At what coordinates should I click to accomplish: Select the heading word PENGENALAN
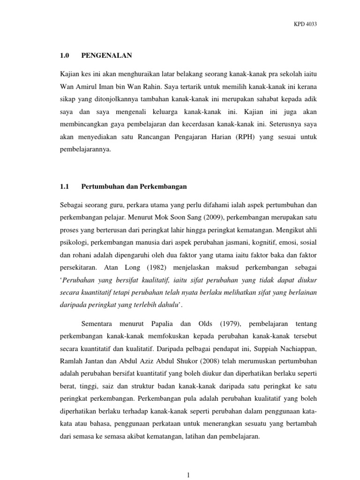point(106,56)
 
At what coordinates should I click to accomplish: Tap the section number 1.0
point(65,56)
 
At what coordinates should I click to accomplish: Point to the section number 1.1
point(65,187)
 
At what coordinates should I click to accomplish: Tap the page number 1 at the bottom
point(187,475)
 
